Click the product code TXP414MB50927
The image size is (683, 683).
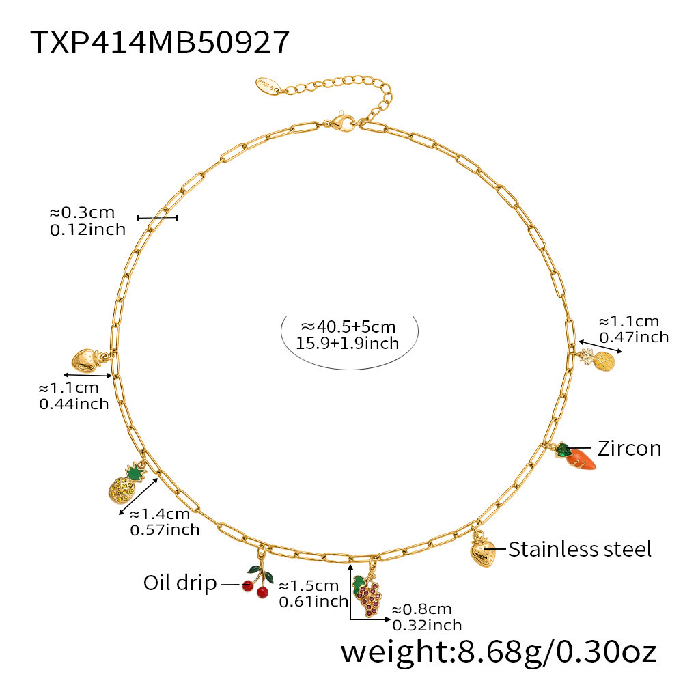[161, 42]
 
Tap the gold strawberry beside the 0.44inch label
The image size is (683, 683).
[85, 360]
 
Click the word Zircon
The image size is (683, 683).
[629, 448]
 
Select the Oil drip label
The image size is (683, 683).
[180, 583]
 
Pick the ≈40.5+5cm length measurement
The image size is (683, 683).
[349, 326]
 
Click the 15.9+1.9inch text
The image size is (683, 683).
[348, 343]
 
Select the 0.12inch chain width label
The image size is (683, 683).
[88, 229]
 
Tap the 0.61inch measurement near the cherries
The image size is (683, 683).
[313, 601]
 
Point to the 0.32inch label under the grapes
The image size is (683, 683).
[427, 624]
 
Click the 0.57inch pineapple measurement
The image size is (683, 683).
[165, 529]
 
